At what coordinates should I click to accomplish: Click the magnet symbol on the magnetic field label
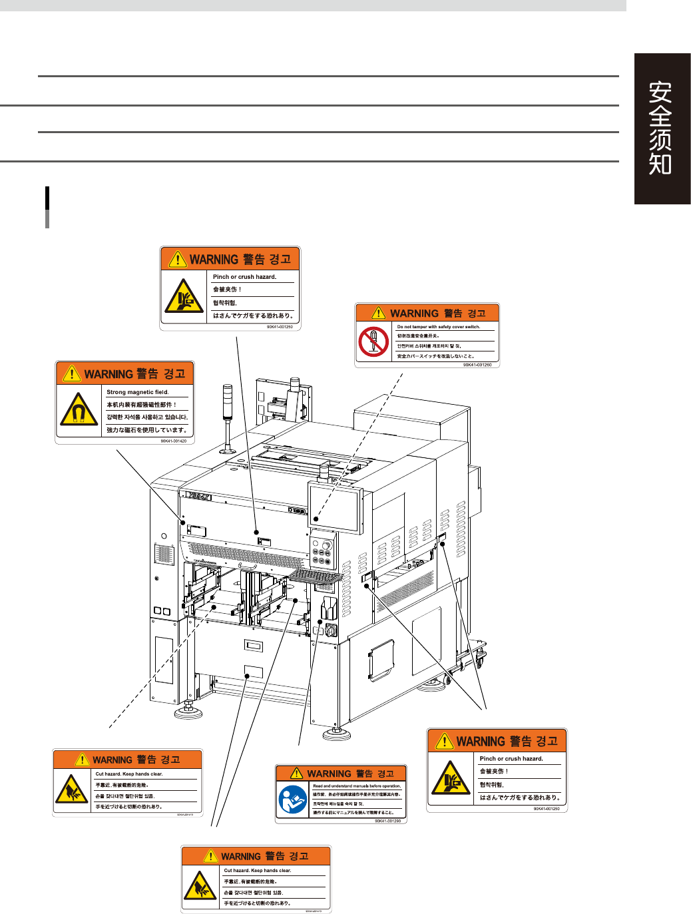[78, 411]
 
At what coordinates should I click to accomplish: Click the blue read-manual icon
[292, 801]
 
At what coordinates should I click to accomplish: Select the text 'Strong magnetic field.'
[138, 392]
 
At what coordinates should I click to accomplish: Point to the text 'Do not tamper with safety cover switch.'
[438, 327]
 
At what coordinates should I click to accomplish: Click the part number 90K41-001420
[173, 441]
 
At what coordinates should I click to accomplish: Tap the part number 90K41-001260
[477, 365]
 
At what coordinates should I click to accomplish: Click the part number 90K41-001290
[387, 821]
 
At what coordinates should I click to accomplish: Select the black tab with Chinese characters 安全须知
[662, 128]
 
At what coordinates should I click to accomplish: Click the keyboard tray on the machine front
[316, 575]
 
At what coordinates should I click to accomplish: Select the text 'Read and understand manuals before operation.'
[357, 786]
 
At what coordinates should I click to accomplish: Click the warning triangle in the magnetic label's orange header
[71, 374]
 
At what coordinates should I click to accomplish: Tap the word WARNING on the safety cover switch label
[414, 314]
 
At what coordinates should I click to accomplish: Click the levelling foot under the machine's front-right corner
[337, 734]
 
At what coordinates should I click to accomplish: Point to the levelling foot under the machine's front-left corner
[188, 712]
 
